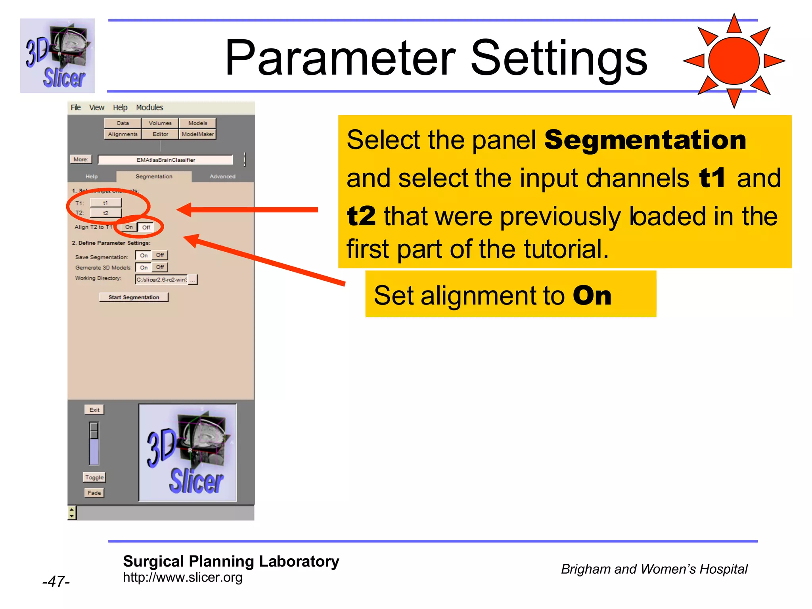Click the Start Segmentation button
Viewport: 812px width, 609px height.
[x=134, y=297]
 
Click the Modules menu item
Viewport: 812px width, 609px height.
[x=149, y=107]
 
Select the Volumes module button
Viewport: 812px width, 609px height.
[x=160, y=123]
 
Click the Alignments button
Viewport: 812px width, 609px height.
[x=123, y=134]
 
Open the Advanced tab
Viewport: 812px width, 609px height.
[x=222, y=176]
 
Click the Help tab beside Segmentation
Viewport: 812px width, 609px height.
[x=91, y=176]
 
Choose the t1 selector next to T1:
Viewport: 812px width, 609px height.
[x=105, y=203]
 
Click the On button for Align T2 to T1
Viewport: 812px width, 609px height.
[x=129, y=227]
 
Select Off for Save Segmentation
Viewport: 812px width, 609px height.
[x=160, y=255]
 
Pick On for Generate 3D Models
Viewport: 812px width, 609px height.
[x=144, y=267]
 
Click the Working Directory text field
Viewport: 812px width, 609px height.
[x=161, y=280]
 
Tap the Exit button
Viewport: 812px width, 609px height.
[x=94, y=410]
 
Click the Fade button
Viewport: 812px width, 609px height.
[x=94, y=492]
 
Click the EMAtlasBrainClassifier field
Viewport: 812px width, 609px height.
[x=166, y=160]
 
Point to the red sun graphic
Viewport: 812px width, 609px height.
[x=734, y=61]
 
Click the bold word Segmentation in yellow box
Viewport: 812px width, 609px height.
[x=645, y=140]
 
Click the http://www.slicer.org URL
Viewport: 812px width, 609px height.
[x=182, y=577]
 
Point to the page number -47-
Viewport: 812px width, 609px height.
[x=56, y=581]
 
